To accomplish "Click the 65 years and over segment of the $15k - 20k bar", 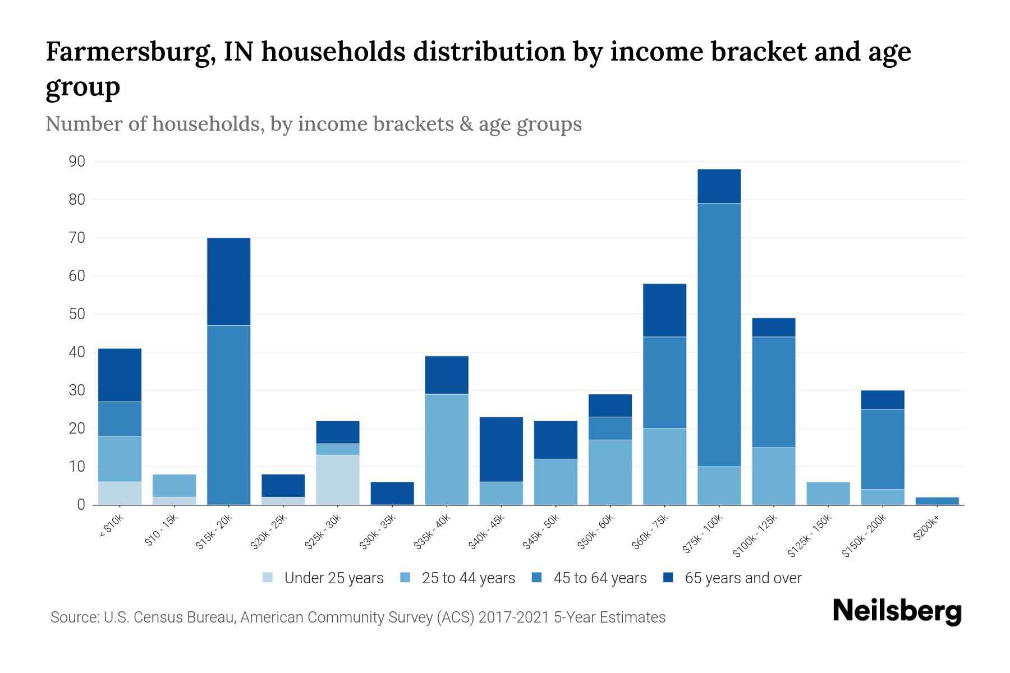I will [228, 282].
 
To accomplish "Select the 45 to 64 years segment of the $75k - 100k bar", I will [719, 334].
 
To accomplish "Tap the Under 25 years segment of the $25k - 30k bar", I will [338, 480].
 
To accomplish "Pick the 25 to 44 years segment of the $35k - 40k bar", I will [447, 449].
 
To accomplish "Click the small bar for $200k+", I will [937, 501].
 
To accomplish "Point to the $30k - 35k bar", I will [392, 493].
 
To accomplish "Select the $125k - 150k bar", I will [828, 493].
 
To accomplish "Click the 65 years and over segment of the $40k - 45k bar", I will [501, 449].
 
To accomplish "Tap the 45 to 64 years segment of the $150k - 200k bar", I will [883, 449].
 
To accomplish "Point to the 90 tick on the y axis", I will [77, 162].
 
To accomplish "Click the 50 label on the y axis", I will [77, 314].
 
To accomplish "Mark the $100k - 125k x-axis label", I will [755, 536].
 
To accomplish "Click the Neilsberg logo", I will [897, 611].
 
